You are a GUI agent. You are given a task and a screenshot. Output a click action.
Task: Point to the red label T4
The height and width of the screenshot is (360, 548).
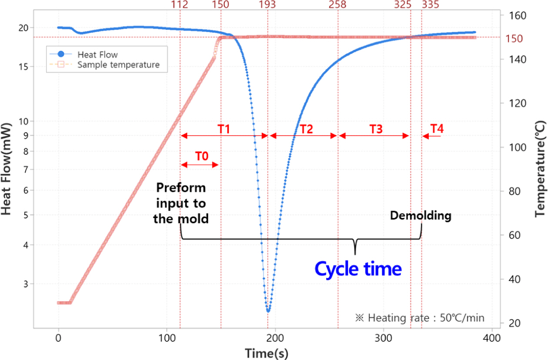[437, 129]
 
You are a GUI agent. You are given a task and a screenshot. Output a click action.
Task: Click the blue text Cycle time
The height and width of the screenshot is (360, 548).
[358, 269]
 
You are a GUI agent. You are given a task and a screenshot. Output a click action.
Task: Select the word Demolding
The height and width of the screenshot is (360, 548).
[420, 216]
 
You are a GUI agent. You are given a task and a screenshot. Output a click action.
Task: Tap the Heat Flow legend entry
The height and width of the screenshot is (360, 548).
[97, 55]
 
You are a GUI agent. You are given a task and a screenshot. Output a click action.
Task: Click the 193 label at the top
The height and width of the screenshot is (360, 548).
[267, 5]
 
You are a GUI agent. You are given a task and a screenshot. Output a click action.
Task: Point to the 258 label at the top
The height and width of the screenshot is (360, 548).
[337, 5]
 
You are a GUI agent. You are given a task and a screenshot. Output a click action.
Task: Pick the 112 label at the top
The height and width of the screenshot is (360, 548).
[180, 5]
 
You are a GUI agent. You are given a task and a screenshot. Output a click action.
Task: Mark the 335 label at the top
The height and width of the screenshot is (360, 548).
[431, 5]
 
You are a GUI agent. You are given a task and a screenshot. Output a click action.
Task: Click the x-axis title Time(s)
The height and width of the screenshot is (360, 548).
[266, 353]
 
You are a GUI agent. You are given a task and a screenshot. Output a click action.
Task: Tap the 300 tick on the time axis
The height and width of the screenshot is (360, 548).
[383, 338]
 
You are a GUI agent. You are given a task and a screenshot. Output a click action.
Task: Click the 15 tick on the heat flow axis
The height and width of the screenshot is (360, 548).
[23, 67]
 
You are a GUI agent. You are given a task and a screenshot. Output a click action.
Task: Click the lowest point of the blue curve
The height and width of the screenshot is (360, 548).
[268, 311]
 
